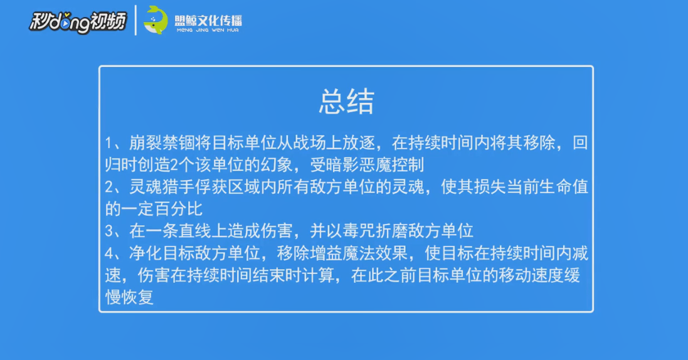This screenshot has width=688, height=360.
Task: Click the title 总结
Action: [346, 102]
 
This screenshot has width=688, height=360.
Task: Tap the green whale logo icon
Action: [156, 20]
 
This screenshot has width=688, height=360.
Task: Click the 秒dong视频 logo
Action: [78, 22]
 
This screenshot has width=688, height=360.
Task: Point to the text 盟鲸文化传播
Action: [208, 20]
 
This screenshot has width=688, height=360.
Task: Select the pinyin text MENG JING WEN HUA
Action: [208, 30]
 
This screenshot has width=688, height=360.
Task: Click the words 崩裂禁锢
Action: [162, 143]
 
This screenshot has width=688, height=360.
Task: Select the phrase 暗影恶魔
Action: [359, 164]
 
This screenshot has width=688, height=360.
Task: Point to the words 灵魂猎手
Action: [162, 187]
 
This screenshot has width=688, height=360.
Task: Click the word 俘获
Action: [211, 187]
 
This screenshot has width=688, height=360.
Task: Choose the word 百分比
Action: [179, 209]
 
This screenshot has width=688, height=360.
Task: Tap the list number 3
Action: [109, 231]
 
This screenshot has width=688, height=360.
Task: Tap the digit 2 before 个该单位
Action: [174, 165]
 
